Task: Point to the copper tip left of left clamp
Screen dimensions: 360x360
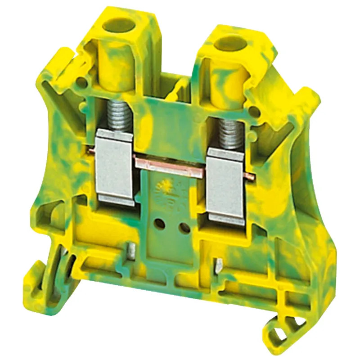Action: (95, 150)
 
